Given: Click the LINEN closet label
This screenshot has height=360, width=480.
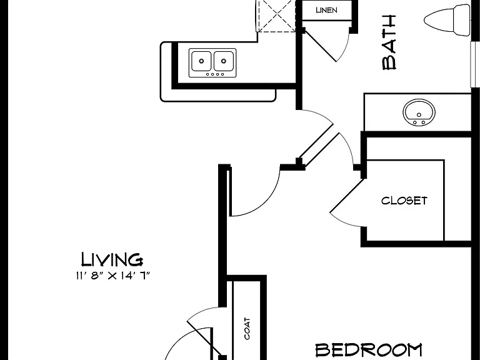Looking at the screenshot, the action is click(x=327, y=10).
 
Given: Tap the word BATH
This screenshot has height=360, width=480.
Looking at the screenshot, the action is click(x=389, y=42).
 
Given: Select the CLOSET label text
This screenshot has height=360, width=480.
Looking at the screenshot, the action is click(x=404, y=201).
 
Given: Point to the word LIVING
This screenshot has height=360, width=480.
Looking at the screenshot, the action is click(x=112, y=259).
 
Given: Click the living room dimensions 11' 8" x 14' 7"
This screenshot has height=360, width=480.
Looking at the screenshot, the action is click(x=113, y=276).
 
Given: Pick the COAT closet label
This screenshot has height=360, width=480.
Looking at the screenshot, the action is click(x=247, y=329).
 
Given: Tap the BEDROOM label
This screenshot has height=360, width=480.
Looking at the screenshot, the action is click(x=369, y=350).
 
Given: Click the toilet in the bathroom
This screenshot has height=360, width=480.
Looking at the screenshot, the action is click(x=447, y=19).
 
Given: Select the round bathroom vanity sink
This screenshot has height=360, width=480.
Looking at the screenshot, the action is click(x=419, y=112).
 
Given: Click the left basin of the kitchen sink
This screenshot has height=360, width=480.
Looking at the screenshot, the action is click(x=201, y=61).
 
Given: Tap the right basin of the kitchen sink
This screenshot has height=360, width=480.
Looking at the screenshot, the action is click(x=224, y=61).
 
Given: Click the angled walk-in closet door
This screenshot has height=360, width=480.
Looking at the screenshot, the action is click(x=346, y=196).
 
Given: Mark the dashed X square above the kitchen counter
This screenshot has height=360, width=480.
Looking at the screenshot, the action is click(x=277, y=15).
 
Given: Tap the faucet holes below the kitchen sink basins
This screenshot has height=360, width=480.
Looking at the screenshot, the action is click(x=215, y=74).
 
